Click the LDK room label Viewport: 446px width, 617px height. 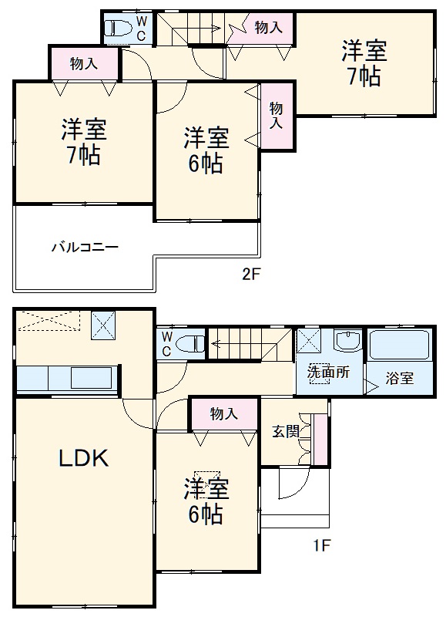coord(84,459)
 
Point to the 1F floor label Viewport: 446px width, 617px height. coord(322,547)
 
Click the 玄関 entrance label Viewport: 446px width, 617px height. coord(285,431)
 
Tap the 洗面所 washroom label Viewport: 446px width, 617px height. coord(328,372)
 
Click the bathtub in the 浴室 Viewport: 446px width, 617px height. coord(399,345)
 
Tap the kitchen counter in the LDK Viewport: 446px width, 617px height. coord(68,379)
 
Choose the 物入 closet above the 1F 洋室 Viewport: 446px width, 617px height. coord(223,414)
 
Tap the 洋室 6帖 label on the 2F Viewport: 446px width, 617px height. coord(206,151)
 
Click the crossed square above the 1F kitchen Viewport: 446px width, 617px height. coord(102,325)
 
